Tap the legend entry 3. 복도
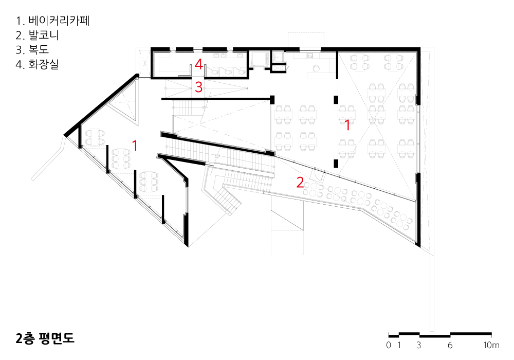(x=33, y=50)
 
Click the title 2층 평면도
(x=45, y=338)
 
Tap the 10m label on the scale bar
(x=491, y=345)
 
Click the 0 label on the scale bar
(x=389, y=345)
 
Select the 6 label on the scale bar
(x=450, y=345)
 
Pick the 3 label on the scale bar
(x=419, y=345)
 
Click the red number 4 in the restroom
(x=199, y=64)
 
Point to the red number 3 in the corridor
(x=199, y=87)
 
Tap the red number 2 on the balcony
(x=300, y=182)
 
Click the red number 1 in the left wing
(x=135, y=146)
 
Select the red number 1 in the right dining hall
(x=347, y=124)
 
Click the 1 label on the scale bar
(x=399, y=345)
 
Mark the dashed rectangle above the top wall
(x=306, y=40)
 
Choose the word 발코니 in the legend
(x=43, y=35)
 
